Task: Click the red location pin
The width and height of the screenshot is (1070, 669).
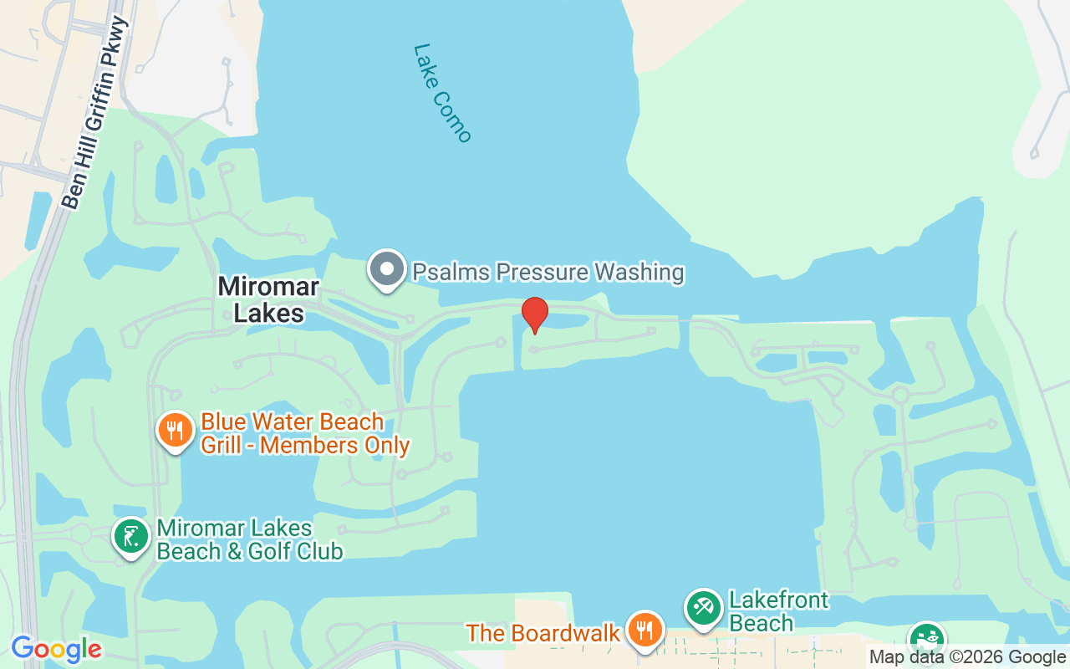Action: tap(535, 314)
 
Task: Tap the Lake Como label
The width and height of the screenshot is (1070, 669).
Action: tap(442, 93)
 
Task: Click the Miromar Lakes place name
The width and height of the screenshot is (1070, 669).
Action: tap(267, 299)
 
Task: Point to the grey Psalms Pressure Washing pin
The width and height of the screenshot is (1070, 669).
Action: tap(387, 270)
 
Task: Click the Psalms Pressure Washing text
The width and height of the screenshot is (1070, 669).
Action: tap(548, 272)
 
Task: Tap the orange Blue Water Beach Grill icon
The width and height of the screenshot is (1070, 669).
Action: tap(175, 432)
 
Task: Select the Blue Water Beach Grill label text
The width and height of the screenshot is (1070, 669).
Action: tap(304, 433)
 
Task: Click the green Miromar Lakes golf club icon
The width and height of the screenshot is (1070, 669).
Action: tap(131, 537)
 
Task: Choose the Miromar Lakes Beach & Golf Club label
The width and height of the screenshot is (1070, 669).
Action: tap(249, 540)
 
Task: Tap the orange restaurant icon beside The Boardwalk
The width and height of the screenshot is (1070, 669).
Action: tap(644, 631)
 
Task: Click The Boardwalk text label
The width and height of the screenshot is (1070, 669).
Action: tap(543, 632)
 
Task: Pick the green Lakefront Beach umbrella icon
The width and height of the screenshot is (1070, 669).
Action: tap(703, 609)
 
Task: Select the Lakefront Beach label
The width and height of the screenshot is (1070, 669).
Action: tap(778, 611)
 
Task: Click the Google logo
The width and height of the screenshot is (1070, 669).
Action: tap(56, 649)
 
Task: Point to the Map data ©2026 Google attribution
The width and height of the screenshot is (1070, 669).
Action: tap(968, 657)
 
